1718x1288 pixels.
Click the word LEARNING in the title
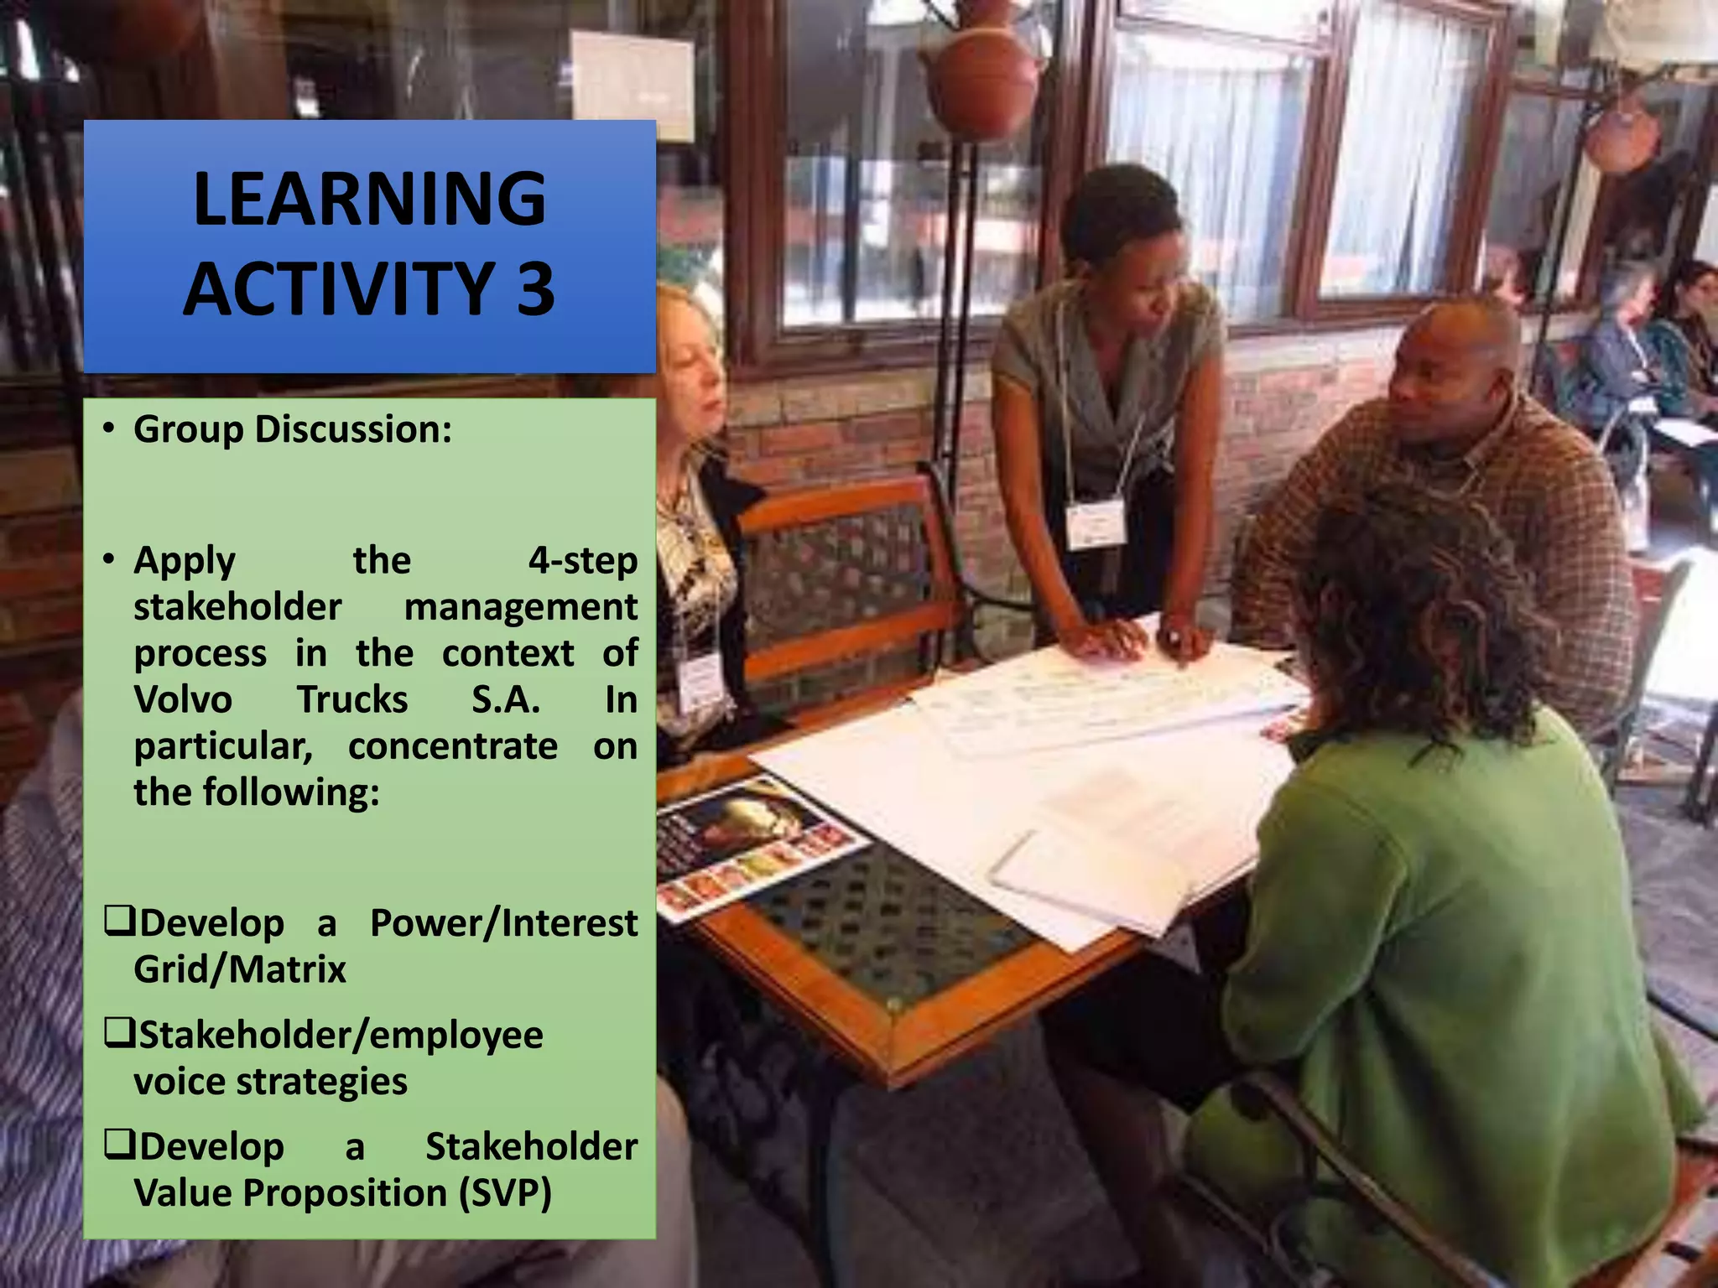(x=369, y=200)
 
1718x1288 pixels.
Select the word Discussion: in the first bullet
(x=353, y=429)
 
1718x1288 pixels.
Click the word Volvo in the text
(x=183, y=699)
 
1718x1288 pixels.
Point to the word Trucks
(x=352, y=699)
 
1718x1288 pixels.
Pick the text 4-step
(x=582, y=560)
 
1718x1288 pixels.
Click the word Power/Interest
(x=503, y=923)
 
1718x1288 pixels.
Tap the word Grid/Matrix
(x=240, y=969)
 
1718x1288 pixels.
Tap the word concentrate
(x=453, y=746)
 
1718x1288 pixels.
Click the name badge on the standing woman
(x=1095, y=522)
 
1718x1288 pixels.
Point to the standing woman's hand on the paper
(x=1107, y=639)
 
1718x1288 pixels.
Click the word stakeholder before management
(x=237, y=607)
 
